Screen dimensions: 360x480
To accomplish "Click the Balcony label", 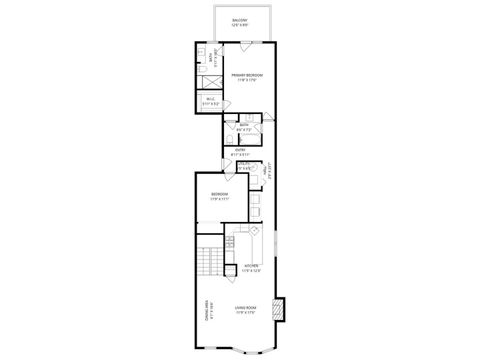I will click(x=240, y=21).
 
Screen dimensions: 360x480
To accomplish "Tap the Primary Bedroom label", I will click(x=246, y=75).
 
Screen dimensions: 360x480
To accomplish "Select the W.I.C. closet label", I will click(x=210, y=99).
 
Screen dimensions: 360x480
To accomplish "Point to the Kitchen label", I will click(x=252, y=267).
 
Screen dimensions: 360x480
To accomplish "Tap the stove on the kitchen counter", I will click(x=253, y=235).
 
